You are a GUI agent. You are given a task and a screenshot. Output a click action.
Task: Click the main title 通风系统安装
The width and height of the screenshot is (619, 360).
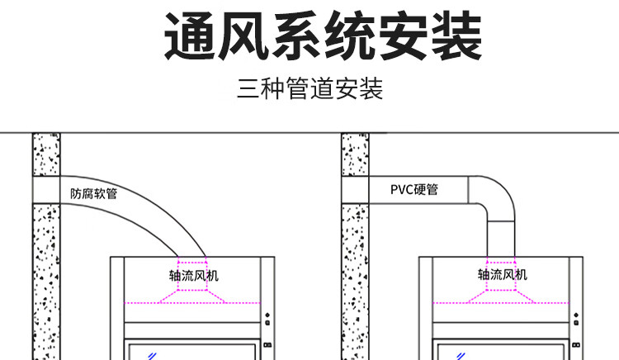pyautogui.click(x=323, y=36)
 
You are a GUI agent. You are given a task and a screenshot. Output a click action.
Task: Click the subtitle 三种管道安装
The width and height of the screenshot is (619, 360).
pyautogui.click(x=309, y=88)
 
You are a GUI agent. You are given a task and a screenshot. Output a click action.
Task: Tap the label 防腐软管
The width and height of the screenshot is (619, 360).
pyautogui.click(x=94, y=193)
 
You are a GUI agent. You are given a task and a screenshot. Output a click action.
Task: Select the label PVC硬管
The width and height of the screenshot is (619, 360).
pyautogui.click(x=414, y=189)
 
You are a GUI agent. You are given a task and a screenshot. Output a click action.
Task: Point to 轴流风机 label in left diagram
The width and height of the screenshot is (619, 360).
pyautogui.click(x=193, y=275)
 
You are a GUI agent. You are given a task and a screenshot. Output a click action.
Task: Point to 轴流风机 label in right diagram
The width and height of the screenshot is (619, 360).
pyautogui.click(x=502, y=274)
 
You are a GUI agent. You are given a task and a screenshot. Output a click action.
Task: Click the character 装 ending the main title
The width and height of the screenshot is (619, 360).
pyautogui.click(x=456, y=36)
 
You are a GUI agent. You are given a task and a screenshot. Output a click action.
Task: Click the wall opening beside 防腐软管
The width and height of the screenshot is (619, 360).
pyautogui.click(x=46, y=190)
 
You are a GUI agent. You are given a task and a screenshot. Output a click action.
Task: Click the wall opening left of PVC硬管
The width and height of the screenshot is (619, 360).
pyautogui.click(x=355, y=190)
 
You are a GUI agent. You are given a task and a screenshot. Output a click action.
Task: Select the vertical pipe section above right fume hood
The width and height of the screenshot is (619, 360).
pyautogui.click(x=501, y=239)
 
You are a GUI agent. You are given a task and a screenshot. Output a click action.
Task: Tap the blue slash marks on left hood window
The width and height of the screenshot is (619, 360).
pyautogui.click(x=153, y=357)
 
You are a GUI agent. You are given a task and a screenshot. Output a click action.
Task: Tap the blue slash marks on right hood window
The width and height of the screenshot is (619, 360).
pyautogui.click(x=461, y=357)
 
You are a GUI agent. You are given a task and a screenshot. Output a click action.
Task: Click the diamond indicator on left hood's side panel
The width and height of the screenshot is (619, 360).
pyautogui.click(x=267, y=315)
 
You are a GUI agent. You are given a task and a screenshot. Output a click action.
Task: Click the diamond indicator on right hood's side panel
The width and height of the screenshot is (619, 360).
pyautogui.click(x=576, y=315)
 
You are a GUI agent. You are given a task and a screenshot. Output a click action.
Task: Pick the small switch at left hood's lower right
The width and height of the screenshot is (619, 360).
pyautogui.click(x=267, y=345)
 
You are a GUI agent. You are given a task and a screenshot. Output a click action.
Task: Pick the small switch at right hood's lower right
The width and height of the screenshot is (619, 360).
pyautogui.click(x=576, y=345)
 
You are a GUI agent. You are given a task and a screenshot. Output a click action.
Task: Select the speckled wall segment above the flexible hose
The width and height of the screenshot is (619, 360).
pyautogui.click(x=46, y=154)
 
